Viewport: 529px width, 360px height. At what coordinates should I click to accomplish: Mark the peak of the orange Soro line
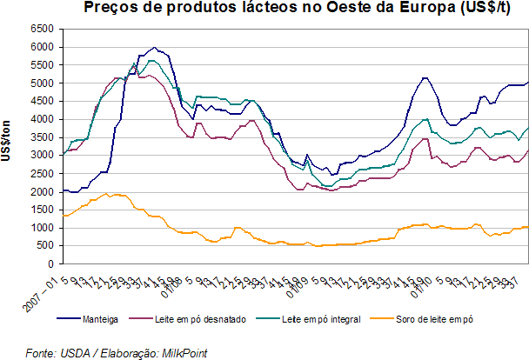click(106, 193)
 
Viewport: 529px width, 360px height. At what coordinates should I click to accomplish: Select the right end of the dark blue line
click(528, 82)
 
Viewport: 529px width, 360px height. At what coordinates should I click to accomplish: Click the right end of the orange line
click(528, 226)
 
